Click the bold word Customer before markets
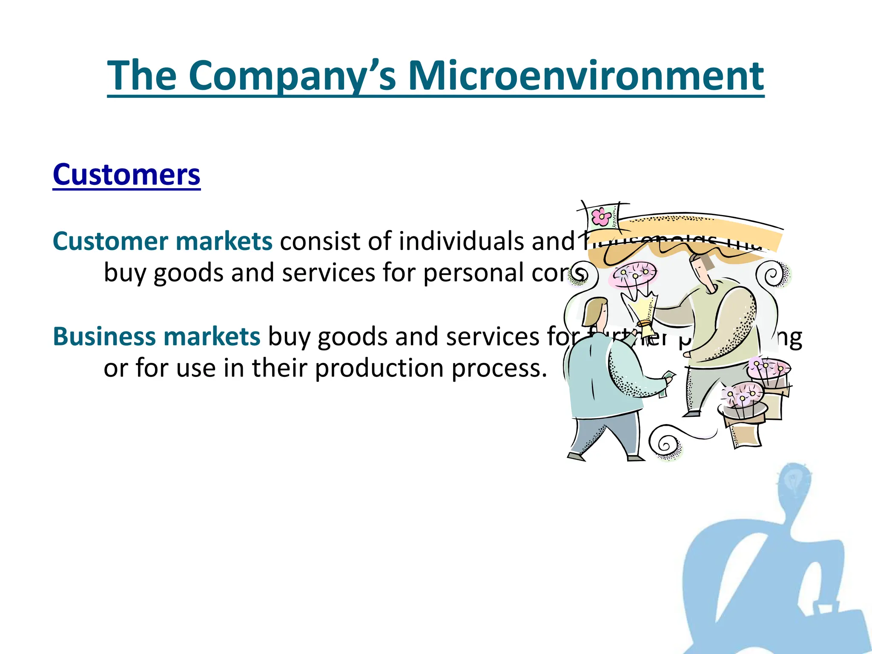click(110, 241)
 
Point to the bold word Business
click(104, 336)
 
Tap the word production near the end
click(379, 368)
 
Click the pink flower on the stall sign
click(602, 216)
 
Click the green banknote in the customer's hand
click(666, 383)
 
